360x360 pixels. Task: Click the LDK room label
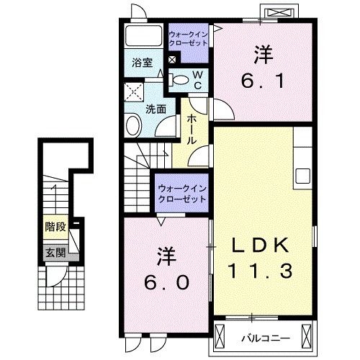click(x=261, y=246)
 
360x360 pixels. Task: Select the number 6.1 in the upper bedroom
click(x=262, y=81)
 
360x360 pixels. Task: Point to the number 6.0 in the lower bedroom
click(x=166, y=282)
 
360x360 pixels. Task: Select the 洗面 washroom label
click(x=156, y=109)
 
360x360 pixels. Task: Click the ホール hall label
click(x=193, y=130)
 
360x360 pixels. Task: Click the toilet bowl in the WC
click(x=181, y=80)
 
